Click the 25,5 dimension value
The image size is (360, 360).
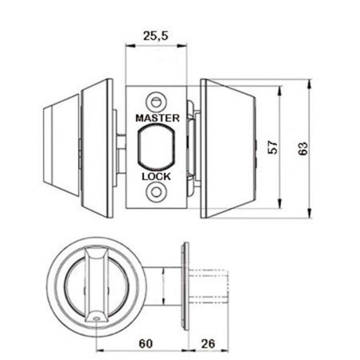156,35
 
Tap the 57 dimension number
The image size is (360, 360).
273,147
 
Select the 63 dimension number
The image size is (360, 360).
302,149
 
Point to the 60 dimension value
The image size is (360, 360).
146,343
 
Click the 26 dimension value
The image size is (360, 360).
208,343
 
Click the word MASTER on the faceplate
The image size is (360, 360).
158,118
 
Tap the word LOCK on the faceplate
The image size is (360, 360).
156,177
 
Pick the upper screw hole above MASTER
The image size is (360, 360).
156,102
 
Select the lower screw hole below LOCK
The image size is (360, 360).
156,192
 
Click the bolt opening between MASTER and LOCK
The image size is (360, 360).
156,147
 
